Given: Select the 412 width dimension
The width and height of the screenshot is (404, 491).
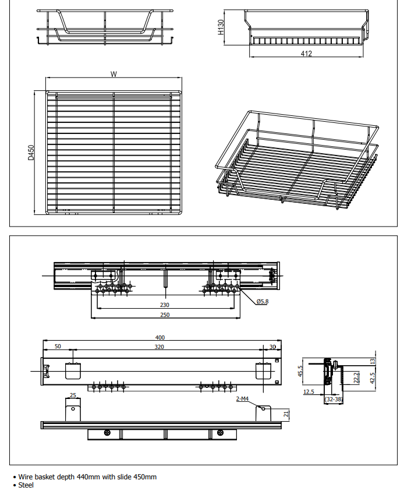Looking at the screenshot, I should click(306, 54).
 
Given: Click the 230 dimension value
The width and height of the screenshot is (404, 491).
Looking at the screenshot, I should click(165, 304).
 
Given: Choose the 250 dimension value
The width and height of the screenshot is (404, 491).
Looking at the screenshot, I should click(165, 315).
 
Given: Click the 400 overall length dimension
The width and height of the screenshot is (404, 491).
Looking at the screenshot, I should click(160, 337).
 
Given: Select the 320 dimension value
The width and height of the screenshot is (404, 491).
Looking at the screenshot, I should click(160, 347).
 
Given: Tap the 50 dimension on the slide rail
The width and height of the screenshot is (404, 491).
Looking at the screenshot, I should click(58, 347).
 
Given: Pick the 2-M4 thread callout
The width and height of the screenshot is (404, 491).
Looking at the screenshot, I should click(242, 399).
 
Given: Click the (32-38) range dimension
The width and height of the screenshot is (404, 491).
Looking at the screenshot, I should click(334, 400).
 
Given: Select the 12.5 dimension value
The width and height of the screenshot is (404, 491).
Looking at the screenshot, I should click(309, 391).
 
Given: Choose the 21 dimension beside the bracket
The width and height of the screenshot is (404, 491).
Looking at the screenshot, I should click(286, 414).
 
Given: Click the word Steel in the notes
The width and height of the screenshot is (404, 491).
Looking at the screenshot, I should click(26, 485).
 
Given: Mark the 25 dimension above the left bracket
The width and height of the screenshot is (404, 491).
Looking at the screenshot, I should click(73, 395).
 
